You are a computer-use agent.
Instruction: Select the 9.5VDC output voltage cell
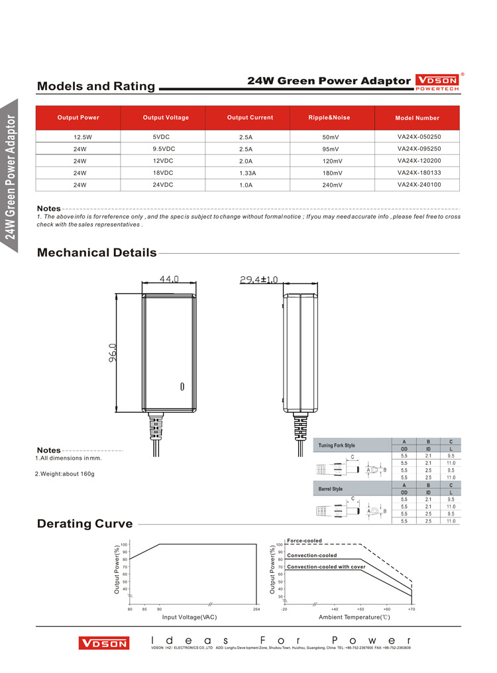coord(163,149)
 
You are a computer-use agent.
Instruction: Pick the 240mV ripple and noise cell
coord(332,185)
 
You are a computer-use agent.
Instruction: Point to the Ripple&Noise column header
coord(329,118)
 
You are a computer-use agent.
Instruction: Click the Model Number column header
coord(417,118)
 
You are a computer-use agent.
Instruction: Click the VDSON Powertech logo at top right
coord(436,81)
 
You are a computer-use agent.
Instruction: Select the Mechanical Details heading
coord(97,252)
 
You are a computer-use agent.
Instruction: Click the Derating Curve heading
coord(85,524)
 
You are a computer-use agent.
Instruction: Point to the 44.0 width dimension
coord(169,280)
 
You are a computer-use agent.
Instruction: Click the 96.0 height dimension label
coord(113,352)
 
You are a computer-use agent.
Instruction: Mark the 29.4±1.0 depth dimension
coord(258,280)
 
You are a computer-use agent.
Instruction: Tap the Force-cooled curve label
coord(304,541)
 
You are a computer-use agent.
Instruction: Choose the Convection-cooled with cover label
coord(326,567)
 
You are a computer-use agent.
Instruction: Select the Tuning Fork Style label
coord(337,446)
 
